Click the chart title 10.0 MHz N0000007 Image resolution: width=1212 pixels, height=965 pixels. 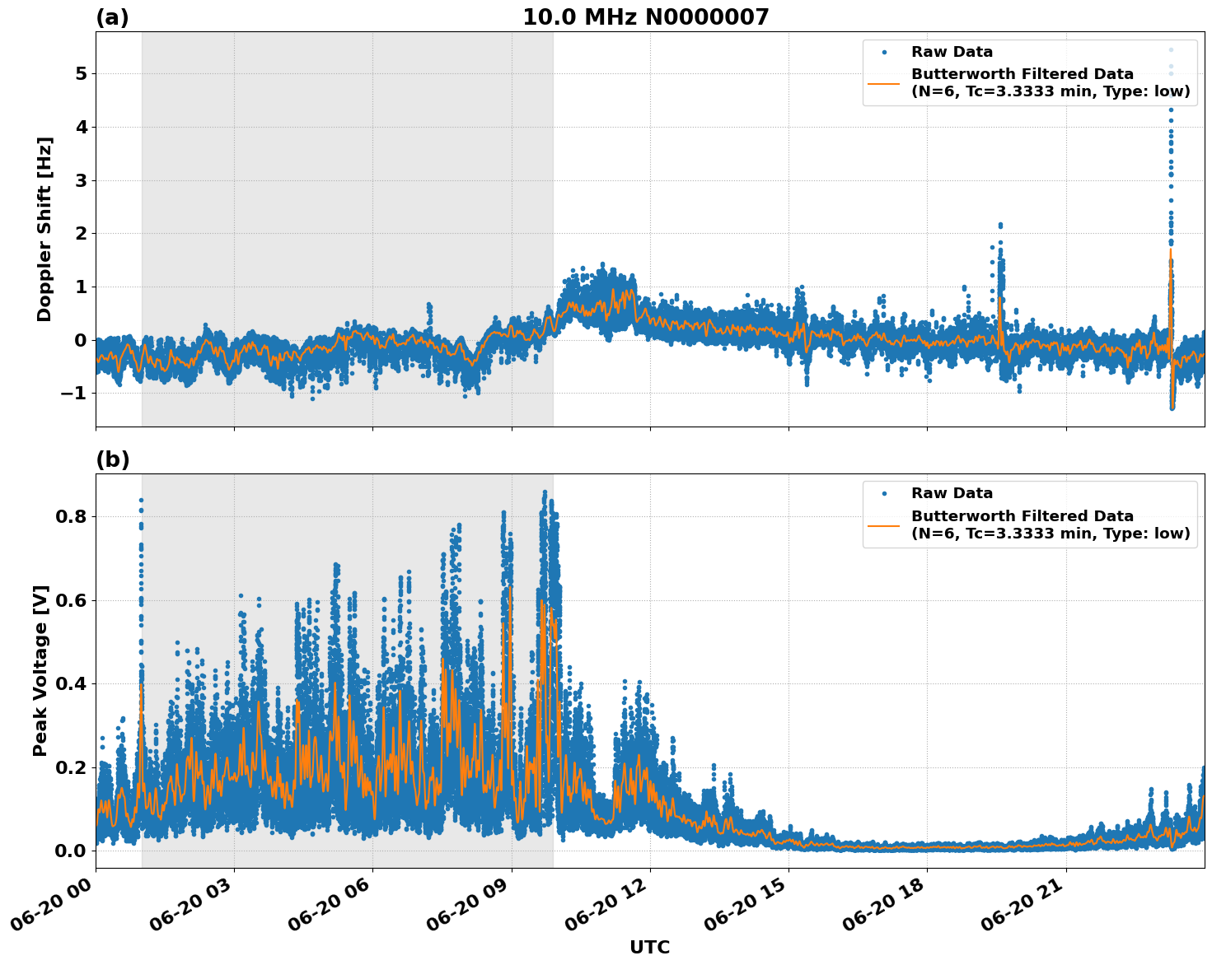pyautogui.click(x=645, y=17)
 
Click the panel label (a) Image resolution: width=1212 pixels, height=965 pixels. pyautogui.click(x=112, y=17)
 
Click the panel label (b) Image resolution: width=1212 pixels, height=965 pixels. pyautogui.click(x=112, y=459)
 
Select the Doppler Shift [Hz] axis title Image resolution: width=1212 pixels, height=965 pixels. pyautogui.click(x=44, y=229)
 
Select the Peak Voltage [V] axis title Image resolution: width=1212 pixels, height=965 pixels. pyautogui.click(x=41, y=670)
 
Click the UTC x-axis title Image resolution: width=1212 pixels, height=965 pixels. pyautogui.click(x=649, y=947)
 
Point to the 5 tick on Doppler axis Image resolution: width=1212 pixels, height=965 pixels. pyautogui.click(x=81, y=74)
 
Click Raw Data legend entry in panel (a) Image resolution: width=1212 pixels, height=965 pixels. pyautogui.click(x=952, y=52)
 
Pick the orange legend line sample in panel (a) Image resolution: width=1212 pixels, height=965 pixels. pyautogui.click(x=883, y=82)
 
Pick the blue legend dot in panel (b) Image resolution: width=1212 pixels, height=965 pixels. pyautogui.click(x=883, y=493)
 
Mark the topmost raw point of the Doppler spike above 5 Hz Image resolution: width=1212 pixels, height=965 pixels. pyautogui.click(x=1171, y=49)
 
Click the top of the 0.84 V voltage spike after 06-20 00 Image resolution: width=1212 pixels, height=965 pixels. pyautogui.click(x=141, y=500)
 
